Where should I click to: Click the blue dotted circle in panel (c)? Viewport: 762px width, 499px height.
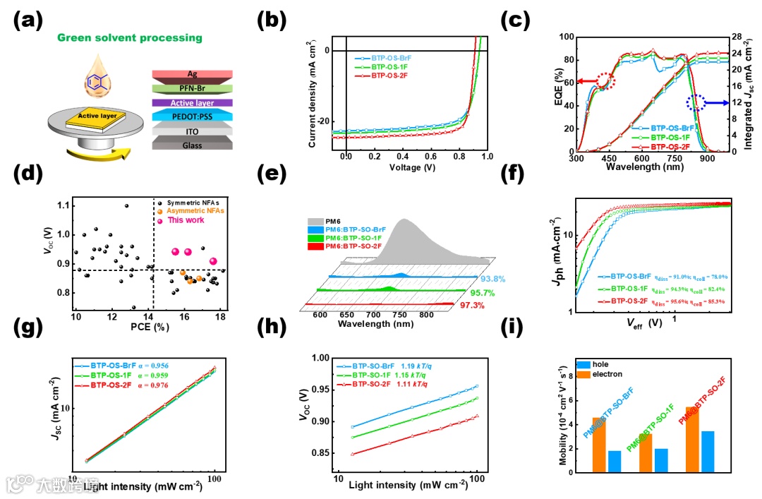[x=695, y=104]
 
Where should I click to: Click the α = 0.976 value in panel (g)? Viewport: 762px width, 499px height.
[x=159, y=385]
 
